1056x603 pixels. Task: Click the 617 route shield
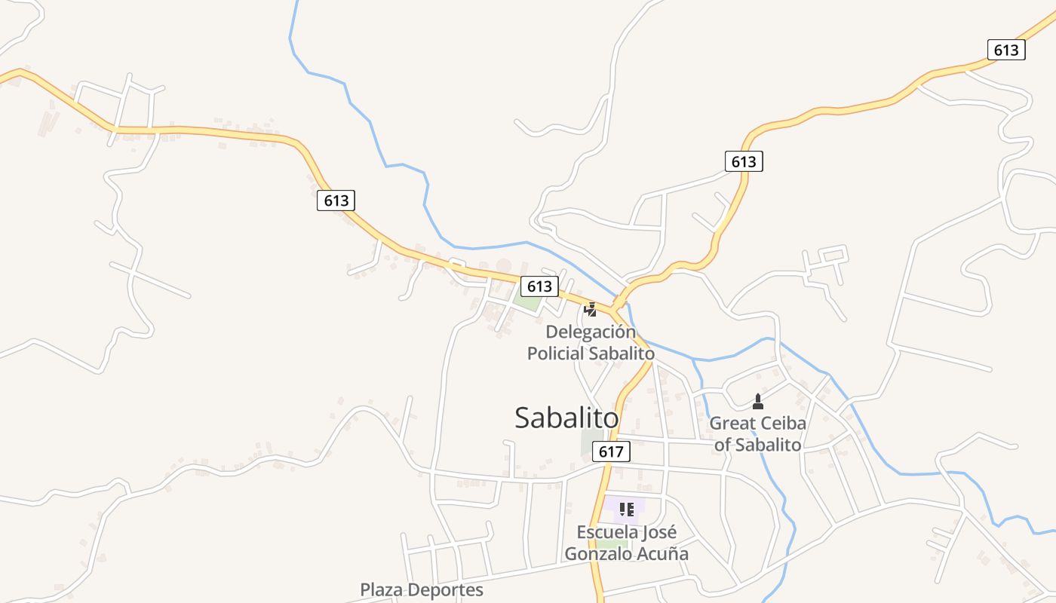[611, 451]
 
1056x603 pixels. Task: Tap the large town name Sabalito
[566, 418]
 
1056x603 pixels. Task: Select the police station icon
[591, 309]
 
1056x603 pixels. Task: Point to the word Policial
[555, 354]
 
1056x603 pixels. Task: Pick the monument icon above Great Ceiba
[758, 401]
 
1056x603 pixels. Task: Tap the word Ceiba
[784, 423]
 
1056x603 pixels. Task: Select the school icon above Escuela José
[626, 510]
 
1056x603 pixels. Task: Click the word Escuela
[607, 532]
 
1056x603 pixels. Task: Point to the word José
[659, 532]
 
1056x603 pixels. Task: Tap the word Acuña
[664, 553]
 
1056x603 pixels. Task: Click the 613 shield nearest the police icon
[539, 286]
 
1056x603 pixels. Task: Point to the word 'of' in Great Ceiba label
[723, 445]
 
